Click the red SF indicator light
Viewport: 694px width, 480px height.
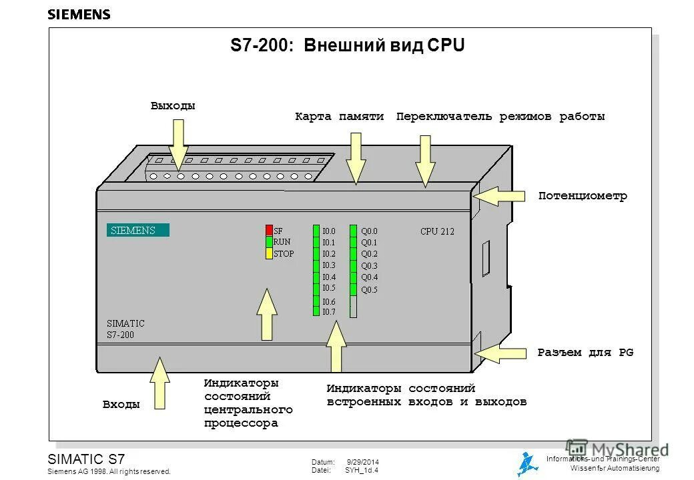click(x=270, y=231)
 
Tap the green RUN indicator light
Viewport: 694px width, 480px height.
click(x=270, y=242)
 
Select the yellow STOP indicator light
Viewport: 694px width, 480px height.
click(x=270, y=253)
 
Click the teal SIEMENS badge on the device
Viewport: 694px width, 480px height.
click(x=137, y=231)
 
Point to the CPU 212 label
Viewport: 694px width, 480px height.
click(x=437, y=231)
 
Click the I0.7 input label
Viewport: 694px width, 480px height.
click(x=328, y=312)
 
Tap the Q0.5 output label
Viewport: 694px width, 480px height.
click(x=369, y=289)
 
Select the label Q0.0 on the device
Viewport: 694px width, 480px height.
click(x=369, y=231)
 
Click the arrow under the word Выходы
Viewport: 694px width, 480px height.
click(x=178, y=141)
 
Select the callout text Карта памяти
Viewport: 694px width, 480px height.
click(x=339, y=117)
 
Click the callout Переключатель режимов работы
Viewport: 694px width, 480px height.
click(x=500, y=117)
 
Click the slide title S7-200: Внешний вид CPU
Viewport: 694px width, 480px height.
click(x=347, y=45)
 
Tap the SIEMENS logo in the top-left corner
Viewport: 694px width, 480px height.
click(x=79, y=15)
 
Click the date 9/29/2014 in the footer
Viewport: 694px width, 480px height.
click(x=363, y=462)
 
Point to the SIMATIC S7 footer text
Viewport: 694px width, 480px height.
click(x=86, y=459)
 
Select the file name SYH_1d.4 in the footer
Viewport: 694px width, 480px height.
click(x=362, y=470)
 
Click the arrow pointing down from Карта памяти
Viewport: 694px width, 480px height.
click(x=356, y=157)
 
